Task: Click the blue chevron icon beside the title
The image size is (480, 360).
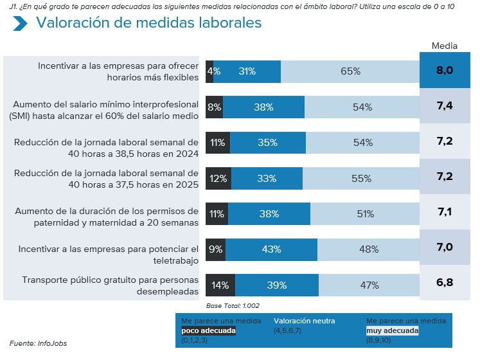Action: [x=20, y=23]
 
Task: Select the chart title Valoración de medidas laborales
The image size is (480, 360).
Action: [x=148, y=22]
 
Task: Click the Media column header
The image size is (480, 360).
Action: [x=444, y=46]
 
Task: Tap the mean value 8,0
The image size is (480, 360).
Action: [x=445, y=71]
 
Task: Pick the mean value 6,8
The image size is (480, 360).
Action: [x=445, y=283]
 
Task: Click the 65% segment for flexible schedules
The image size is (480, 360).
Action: [x=350, y=71]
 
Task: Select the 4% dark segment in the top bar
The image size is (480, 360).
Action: [x=210, y=71]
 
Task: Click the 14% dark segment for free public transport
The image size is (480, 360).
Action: [x=220, y=285]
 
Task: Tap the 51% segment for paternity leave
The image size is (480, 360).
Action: [x=364, y=213]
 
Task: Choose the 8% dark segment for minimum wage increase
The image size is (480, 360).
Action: [x=215, y=107]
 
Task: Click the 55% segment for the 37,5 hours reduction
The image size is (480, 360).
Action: [x=361, y=179]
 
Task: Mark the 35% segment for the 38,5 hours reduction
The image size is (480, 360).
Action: [x=267, y=143]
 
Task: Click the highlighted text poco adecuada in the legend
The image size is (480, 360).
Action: [x=208, y=330]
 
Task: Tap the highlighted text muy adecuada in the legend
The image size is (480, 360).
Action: [x=392, y=330]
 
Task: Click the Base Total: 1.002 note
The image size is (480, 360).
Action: [x=233, y=305]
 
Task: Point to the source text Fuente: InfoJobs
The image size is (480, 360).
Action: [x=38, y=343]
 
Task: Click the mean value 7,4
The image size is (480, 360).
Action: [x=445, y=106]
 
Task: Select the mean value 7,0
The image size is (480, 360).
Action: [x=445, y=248]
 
